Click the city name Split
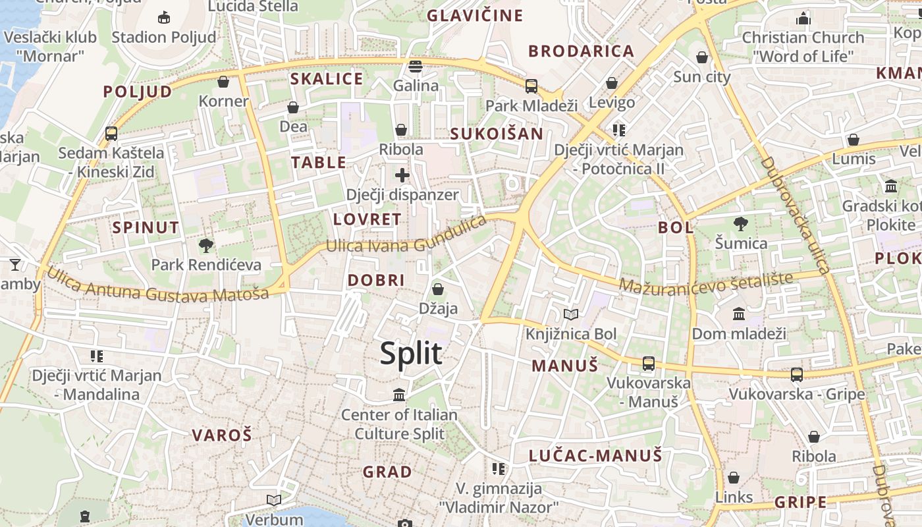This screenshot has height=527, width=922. click(411, 354)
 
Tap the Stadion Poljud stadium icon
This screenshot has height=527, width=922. click(164, 18)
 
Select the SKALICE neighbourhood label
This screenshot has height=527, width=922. click(327, 79)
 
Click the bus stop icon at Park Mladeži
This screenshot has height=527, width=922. click(531, 86)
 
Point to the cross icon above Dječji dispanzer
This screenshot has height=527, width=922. click(402, 175)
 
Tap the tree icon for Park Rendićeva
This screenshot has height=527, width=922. click(206, 246)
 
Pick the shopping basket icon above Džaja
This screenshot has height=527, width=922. click(438, 289)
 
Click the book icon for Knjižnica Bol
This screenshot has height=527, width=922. click(570, 315)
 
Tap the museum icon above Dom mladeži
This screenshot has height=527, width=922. click(739, 314)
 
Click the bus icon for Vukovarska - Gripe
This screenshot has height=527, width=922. click(796, 375)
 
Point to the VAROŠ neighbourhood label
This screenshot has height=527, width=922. click(222, 435)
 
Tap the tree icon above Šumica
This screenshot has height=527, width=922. click(741, 224)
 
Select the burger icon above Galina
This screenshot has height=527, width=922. click(415, 67)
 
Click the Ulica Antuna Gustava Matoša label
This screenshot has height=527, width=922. click(158, 285)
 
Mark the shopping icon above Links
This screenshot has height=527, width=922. click(734, 478)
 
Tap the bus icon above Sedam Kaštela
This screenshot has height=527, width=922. click(111, 134)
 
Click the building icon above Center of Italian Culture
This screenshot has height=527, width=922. click(399, 395)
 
